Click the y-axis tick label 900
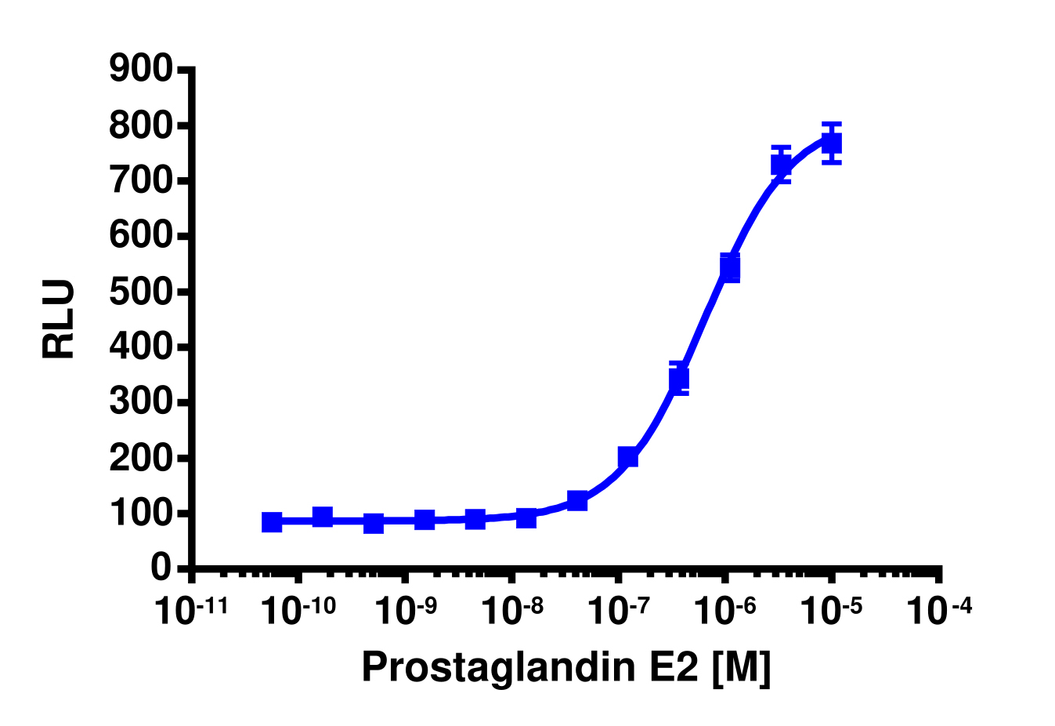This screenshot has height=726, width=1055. [141, 70]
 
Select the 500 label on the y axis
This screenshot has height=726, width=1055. [141, 292]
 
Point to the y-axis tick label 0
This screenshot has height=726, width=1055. [161, 568]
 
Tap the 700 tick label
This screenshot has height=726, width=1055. [141, 181]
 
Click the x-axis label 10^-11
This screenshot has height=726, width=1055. [191, 611]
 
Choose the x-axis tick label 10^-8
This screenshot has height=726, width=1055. [511, 611]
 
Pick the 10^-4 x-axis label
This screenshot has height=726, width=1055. [939, 611]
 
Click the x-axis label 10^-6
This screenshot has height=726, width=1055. [725, 611]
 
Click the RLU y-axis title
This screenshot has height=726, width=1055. [60, 319]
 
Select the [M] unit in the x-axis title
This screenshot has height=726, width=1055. [742, 667]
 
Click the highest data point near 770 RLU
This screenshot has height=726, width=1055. [832, 143]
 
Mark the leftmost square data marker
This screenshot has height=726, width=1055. [272, 522]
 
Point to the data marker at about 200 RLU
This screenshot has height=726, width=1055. [628, 457]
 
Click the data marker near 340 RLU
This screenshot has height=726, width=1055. [679, 379]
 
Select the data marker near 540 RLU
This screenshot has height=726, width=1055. [730, 268]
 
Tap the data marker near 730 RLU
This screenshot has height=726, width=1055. [781, 165]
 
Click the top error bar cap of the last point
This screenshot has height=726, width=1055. [832, 124]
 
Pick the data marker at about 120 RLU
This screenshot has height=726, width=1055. [577, 500]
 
